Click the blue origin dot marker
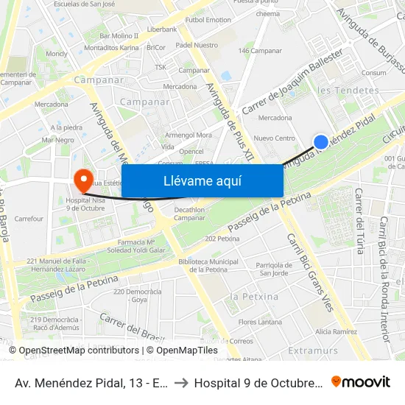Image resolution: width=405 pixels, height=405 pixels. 321,142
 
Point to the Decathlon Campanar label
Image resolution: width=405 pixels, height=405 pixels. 179,214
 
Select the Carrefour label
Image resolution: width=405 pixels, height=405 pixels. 29,219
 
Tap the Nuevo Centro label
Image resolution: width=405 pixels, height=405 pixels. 274,138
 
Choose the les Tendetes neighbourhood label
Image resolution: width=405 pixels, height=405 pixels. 348,91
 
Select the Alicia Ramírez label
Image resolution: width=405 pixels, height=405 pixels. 336,332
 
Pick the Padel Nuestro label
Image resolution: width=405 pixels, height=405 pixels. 197,45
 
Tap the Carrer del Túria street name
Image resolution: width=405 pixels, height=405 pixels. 359,220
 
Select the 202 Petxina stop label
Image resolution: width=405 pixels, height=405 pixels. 222,239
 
